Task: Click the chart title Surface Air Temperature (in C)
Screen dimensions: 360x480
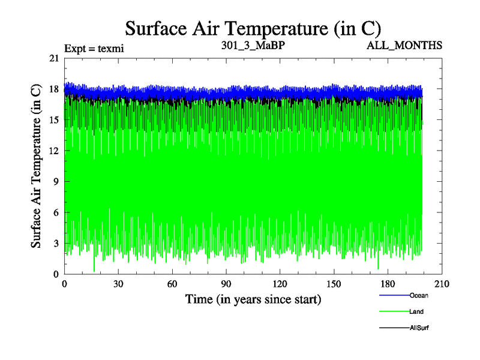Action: click(253, 28)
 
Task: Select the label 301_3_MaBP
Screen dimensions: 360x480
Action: click(249, 45)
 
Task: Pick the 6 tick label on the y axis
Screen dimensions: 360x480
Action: click(56, 212)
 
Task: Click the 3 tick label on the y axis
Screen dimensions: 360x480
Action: click(56, 243)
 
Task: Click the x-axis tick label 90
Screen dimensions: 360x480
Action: click(226, 285)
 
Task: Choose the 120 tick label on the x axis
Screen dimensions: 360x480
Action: click(280, 285)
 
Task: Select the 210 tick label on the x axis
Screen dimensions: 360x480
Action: click(442, 285)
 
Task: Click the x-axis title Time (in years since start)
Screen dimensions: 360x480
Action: click(253, 299)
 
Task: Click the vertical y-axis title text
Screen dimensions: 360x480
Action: click(37, 166)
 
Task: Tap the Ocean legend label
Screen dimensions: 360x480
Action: click(419, 295)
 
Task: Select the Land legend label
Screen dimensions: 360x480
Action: click(417, 312)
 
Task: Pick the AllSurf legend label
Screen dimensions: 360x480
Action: click(419, 328)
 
